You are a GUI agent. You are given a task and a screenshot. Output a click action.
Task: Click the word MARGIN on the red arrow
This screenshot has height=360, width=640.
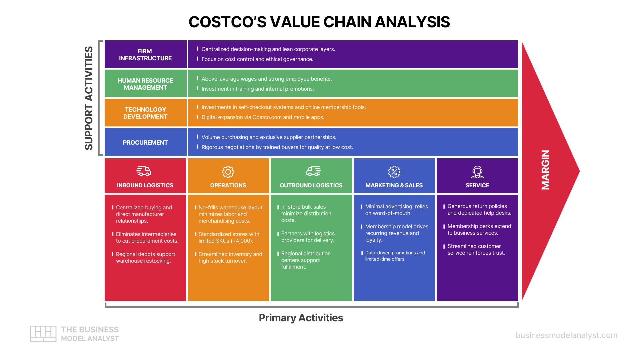(545, 170)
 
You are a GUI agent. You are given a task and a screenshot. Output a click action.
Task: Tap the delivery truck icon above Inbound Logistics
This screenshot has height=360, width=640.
(144, 171)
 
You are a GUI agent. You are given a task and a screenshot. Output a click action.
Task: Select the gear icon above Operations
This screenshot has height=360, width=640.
(228, 172)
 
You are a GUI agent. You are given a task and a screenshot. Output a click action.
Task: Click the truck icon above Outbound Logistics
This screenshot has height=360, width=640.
(313, 171)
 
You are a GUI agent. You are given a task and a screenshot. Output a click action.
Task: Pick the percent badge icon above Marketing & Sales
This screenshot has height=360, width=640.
(394, 172)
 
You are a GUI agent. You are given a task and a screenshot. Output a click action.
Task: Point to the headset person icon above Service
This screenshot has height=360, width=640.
(477, 172)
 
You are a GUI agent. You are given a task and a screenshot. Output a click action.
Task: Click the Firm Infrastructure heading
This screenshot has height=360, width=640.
(145, 55)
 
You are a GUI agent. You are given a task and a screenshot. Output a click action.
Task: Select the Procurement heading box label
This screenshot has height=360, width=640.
(145, 143)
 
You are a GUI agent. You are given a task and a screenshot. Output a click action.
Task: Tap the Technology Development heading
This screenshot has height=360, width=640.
(145, 113)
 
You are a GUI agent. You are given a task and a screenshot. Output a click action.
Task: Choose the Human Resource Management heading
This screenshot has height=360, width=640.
(145, 84)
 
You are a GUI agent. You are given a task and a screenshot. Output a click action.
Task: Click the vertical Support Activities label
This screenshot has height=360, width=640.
(89, 98)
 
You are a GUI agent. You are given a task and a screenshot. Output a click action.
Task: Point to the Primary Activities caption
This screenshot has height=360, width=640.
(301, 318)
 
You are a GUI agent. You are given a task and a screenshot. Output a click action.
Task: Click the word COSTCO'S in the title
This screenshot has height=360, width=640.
(227, 22)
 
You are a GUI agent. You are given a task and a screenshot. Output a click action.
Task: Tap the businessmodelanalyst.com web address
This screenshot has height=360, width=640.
(566, 335)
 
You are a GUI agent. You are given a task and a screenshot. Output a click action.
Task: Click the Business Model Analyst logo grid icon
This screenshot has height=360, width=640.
(43, 333)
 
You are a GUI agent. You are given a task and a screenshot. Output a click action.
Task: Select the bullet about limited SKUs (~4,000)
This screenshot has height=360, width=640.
(229, 238)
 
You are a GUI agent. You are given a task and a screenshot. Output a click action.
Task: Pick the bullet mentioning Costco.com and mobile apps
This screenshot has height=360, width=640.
(263, 117)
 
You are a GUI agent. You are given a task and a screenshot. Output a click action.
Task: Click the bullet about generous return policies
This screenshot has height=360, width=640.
(479, 210)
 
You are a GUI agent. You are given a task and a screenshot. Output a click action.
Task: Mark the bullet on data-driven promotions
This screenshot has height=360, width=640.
(395, 256)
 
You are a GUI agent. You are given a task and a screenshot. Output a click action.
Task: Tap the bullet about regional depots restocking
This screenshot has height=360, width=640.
(145, 258)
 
